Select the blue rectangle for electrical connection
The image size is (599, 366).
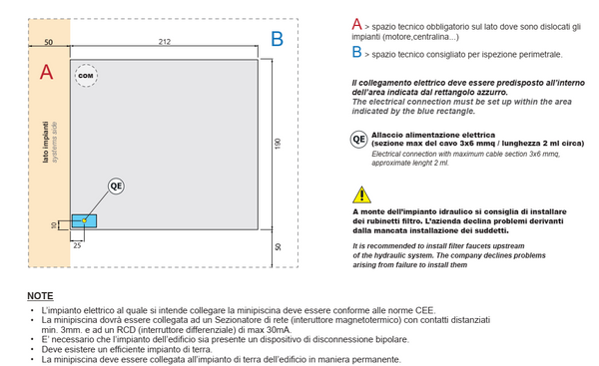tap(85, 221)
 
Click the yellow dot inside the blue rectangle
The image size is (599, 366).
tap(85, 220)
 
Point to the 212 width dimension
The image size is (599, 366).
tap(165, 41)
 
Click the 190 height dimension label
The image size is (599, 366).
tap(278, 144)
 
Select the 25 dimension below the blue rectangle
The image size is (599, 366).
tap(77, 245)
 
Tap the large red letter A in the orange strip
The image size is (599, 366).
tap(46, 72)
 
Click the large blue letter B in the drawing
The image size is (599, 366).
tap(277, 39)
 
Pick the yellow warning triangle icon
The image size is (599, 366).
tap(361, 194)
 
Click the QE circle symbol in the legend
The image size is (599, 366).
tap(359, 140)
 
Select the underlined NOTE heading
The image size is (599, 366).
tap(40, 296)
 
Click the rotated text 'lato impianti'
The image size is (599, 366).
tap(46, 142)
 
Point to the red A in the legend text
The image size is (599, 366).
tap(356, 24)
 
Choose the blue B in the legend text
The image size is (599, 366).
tap(356, 52)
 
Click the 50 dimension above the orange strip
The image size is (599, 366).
tap(49, 42)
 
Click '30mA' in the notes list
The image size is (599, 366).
tap(280, 330)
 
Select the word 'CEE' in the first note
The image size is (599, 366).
tap(425, 310)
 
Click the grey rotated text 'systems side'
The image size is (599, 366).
tap(54, 142)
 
